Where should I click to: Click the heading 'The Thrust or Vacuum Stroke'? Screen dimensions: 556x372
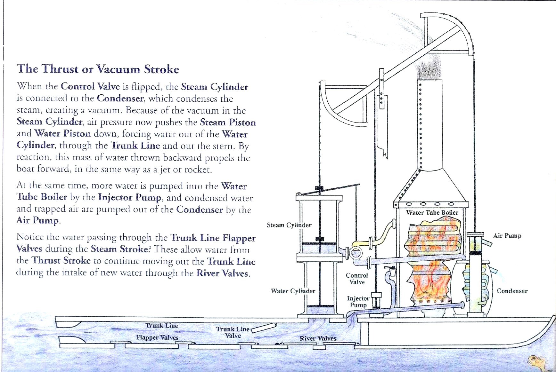98,69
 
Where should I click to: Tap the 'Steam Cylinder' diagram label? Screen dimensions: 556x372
289,225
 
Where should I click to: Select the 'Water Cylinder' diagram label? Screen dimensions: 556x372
293,291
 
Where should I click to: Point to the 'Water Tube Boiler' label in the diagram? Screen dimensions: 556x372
432,212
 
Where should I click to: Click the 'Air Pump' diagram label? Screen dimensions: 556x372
507,236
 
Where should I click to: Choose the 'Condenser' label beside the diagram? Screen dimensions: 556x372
512,291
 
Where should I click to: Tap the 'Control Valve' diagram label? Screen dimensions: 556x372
357,279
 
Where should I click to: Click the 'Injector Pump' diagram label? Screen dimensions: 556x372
358,302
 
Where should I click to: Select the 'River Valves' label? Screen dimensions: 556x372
318,338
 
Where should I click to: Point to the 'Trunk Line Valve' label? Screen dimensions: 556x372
233,332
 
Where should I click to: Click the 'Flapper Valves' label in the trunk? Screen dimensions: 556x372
157,337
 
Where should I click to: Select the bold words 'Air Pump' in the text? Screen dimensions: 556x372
37,220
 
